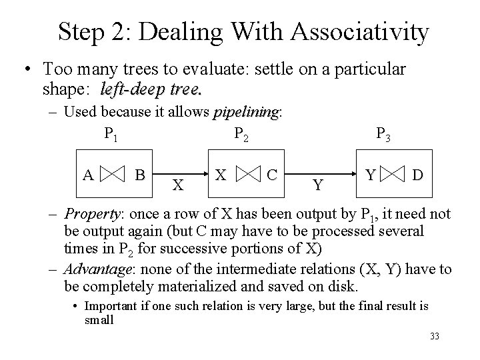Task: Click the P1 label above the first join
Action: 111,135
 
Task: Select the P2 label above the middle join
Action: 243,135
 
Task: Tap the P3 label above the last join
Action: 384,135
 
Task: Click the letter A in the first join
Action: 88,175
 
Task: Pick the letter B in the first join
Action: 140,175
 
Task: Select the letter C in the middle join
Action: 271,175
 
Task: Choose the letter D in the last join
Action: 417,175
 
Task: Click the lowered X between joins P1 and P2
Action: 177,185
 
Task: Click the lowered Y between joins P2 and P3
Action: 319,185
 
